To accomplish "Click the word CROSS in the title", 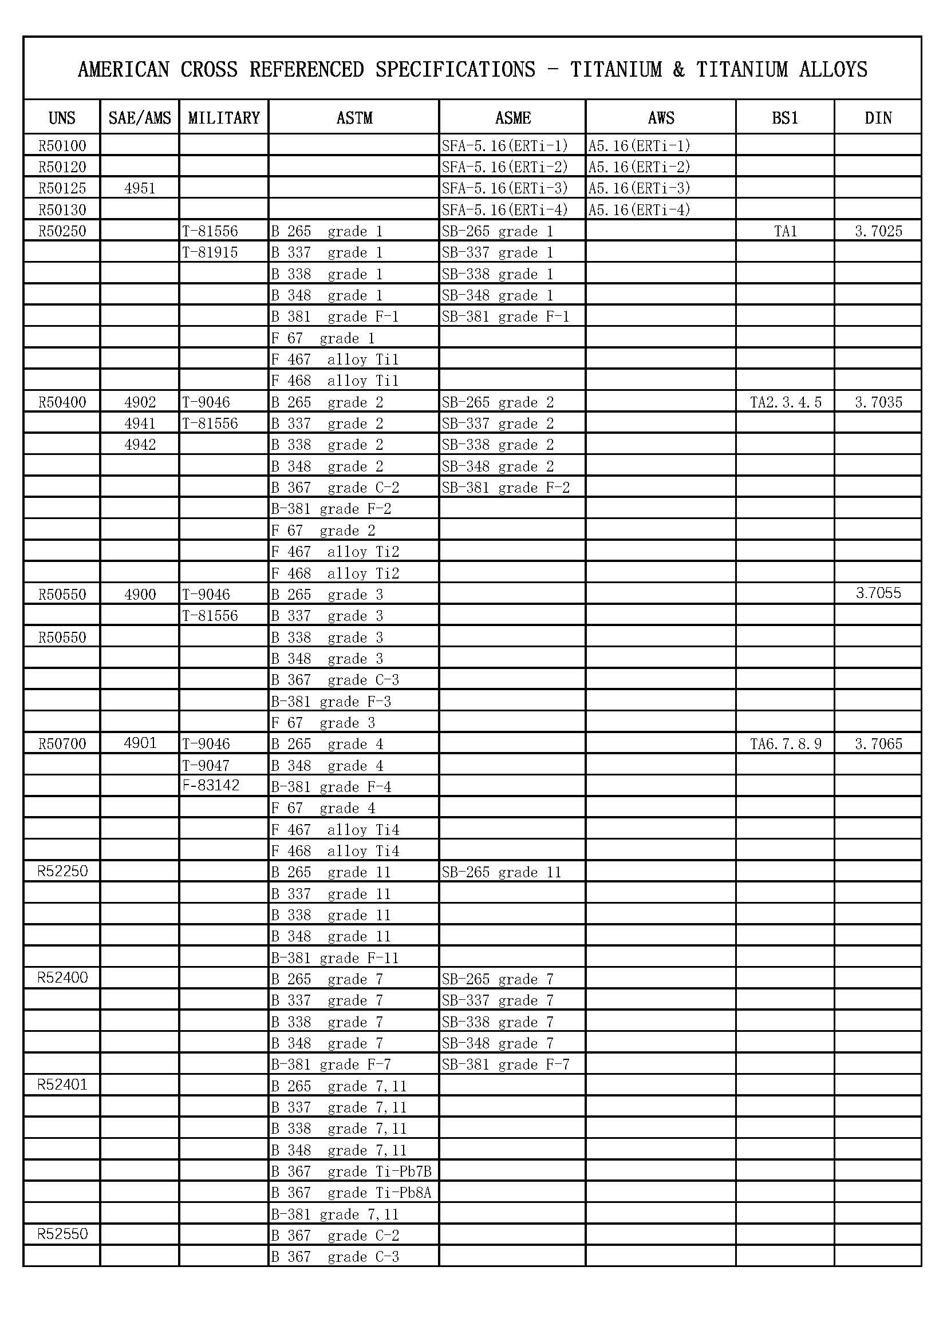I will point(209,70).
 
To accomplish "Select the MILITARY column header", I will point(224,118).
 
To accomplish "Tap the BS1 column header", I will point(785,118).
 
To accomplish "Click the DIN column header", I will point(878,118).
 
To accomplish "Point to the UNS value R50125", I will point(62,188).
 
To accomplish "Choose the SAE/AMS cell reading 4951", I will point(140,188).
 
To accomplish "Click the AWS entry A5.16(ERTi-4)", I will point(638,210).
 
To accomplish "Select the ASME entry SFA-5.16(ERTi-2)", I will point(504,167).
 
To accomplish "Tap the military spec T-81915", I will point(210,252).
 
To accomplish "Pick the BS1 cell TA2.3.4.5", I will point(786,402).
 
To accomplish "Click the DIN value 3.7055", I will point(878,593).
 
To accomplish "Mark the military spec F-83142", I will point(211,786).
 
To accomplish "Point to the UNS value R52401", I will point(62,1084).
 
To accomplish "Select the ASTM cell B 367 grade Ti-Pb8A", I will point(350,1193).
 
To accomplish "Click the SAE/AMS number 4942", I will point(140,445).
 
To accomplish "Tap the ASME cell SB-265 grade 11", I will point(501,872).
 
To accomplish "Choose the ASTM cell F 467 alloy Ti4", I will point(335,829).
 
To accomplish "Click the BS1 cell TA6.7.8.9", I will point(786,744).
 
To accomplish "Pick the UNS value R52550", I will point(62,1234).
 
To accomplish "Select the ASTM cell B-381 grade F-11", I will point(335,958).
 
